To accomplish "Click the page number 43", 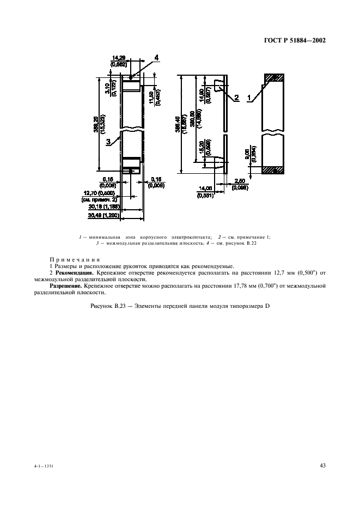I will click(322, 465).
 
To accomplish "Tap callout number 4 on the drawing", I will click(156, 57).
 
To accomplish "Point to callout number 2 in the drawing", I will click(237, 98).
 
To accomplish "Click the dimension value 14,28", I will click(118, 57).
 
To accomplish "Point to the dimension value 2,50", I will click(240, 181).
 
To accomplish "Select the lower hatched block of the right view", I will click(274, 169).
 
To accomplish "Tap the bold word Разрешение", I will click(66, 285).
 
